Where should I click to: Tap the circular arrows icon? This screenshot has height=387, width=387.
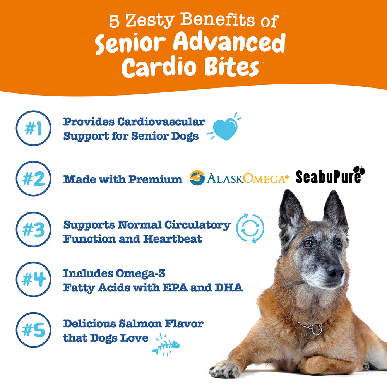tap(250, 228)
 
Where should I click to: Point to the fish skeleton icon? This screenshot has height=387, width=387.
tap(166, 345)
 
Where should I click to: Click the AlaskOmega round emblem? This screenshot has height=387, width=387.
tap(197, 178)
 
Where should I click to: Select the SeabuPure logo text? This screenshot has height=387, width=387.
tap(329, 177)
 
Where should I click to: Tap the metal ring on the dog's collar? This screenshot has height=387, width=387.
tap(316, 329)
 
